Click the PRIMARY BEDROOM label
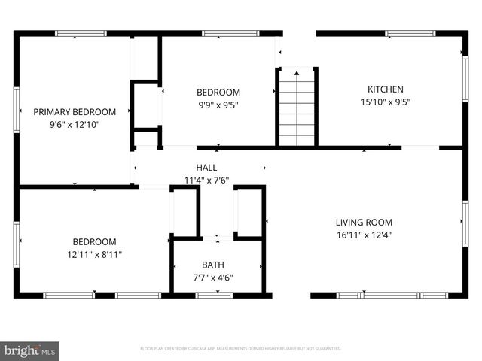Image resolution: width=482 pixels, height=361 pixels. coord(74,111)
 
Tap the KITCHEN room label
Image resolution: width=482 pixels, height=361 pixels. coord(385,89)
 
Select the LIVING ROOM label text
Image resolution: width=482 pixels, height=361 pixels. coord(364,222)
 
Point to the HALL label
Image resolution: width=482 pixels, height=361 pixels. coord(206,168)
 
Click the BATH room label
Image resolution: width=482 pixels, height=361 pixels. coord(212,265)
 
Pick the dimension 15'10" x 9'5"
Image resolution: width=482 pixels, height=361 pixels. coord(385,102)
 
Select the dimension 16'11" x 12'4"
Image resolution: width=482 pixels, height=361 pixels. coord(364,235)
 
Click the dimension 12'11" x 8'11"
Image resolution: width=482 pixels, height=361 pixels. coord(94,254)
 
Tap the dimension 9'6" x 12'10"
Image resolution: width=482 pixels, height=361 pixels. coord(74,124)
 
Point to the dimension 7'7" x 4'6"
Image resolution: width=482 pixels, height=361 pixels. coord(212,278)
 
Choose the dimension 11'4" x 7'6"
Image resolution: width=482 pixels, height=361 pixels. coord(206,180)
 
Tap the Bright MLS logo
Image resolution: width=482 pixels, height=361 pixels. coord(29,350)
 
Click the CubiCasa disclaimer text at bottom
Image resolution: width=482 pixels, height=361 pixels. coord(241,349)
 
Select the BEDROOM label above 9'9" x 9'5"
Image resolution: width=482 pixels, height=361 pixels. coord(218,92)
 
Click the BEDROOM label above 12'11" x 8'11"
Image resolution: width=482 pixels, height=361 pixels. coord(94,241)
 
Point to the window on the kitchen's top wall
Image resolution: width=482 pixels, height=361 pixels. coord(410,33)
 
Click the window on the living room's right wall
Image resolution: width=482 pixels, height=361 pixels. coord(465,223)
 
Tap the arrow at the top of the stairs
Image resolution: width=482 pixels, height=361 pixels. coord(297,72)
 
